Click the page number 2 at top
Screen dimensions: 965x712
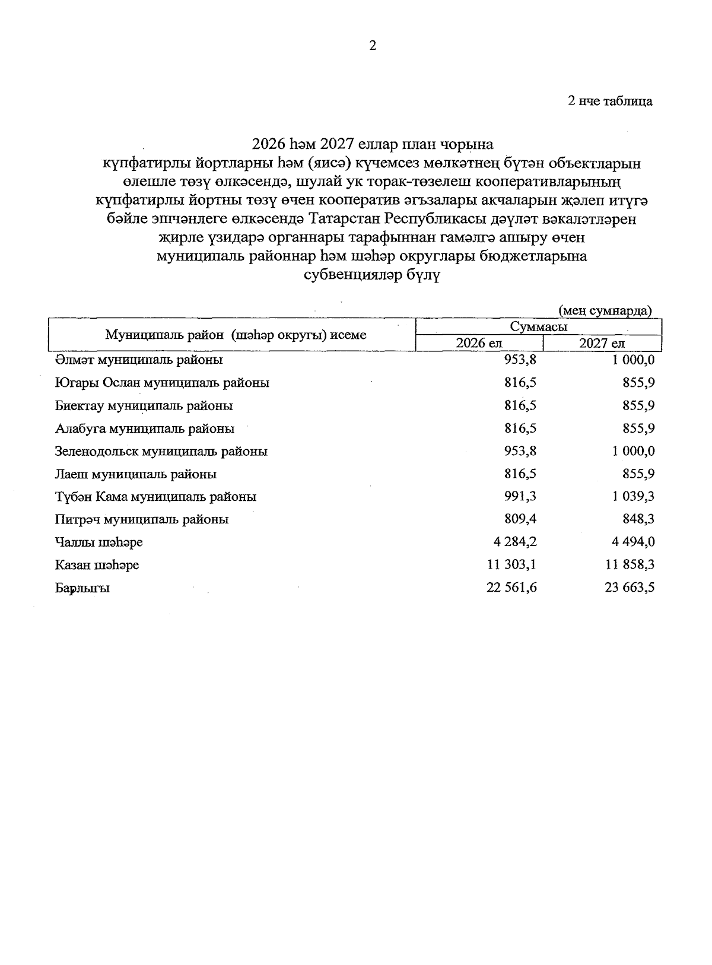[x=373, y=46]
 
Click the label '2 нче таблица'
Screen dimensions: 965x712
[x=610, y=101]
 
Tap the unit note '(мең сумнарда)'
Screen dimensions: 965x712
[x=605, y=310]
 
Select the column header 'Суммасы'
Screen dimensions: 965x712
[x=538, y=326]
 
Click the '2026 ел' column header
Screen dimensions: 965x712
[x=479, y=343]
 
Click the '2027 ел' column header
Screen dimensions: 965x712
[x=602, y=343]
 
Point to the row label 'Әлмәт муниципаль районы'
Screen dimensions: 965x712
[x=139, y=360]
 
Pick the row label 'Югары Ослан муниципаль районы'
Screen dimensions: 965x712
[x=162, y=383]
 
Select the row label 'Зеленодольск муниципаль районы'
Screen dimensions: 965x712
[x=161, y=451]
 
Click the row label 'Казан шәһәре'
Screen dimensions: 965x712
[x=97, y=565]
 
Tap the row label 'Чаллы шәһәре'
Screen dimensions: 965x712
[x=99, y=542]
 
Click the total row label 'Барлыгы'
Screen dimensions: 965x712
[x=82, y=588]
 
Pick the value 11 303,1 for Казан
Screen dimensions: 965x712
[x=511, y=564]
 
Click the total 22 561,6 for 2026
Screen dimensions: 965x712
[x=511, y=588]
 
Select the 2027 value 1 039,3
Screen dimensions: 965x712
[x=634, y=497]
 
